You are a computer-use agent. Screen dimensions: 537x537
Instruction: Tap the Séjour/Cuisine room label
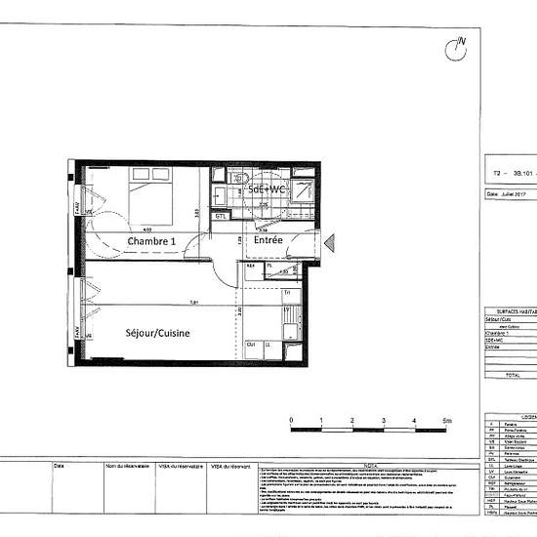tap(157, 333)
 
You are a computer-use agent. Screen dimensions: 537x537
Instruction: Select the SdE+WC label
tap(266, 188)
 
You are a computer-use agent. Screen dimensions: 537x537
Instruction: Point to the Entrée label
tap(268, 239)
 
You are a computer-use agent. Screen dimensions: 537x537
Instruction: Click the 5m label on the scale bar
tap(445, 421)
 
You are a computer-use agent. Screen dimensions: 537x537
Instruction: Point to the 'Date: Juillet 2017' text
tap(512, 193)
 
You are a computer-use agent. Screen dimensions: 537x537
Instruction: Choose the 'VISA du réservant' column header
tap(230, 468)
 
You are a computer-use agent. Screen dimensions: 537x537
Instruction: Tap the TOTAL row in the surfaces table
tap(512, 374)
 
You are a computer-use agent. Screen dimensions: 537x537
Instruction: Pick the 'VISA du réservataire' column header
tap(181, 468)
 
